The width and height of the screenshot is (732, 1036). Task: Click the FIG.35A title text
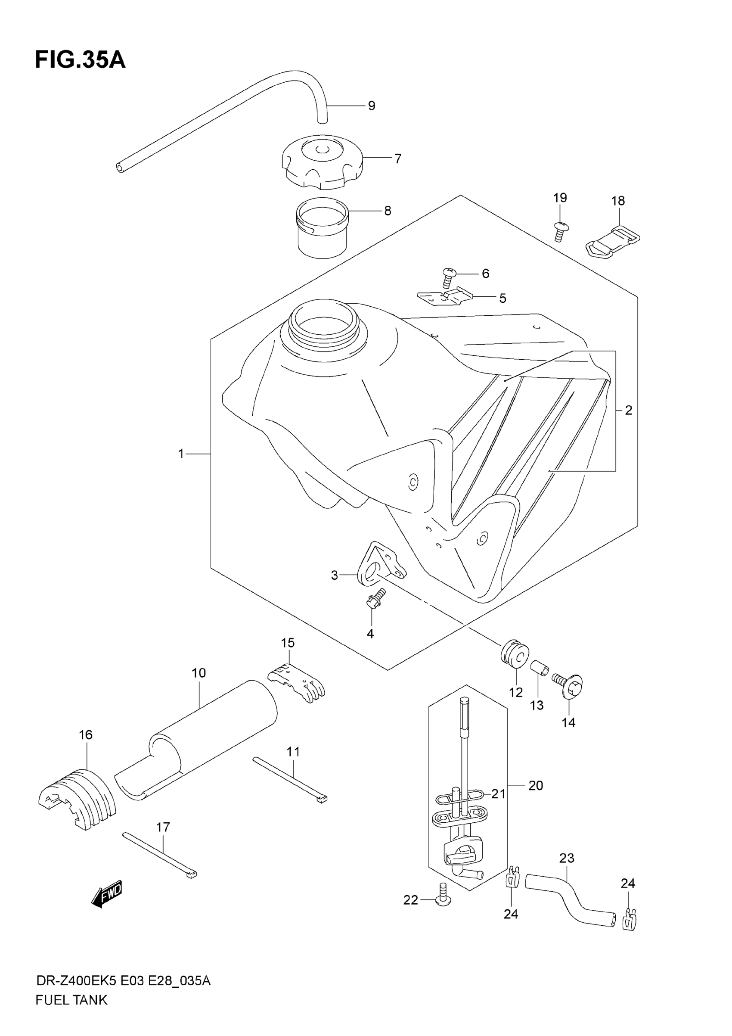(80, 60)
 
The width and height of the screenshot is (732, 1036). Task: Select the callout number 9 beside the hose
(371, 106)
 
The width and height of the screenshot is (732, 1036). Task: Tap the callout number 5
(502, 298)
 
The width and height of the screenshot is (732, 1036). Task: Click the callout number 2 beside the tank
(628, 410)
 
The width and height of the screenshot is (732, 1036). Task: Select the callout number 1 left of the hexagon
(181, 454)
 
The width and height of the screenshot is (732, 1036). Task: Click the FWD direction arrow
(107, 894)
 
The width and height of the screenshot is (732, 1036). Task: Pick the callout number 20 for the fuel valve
(535, 786)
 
